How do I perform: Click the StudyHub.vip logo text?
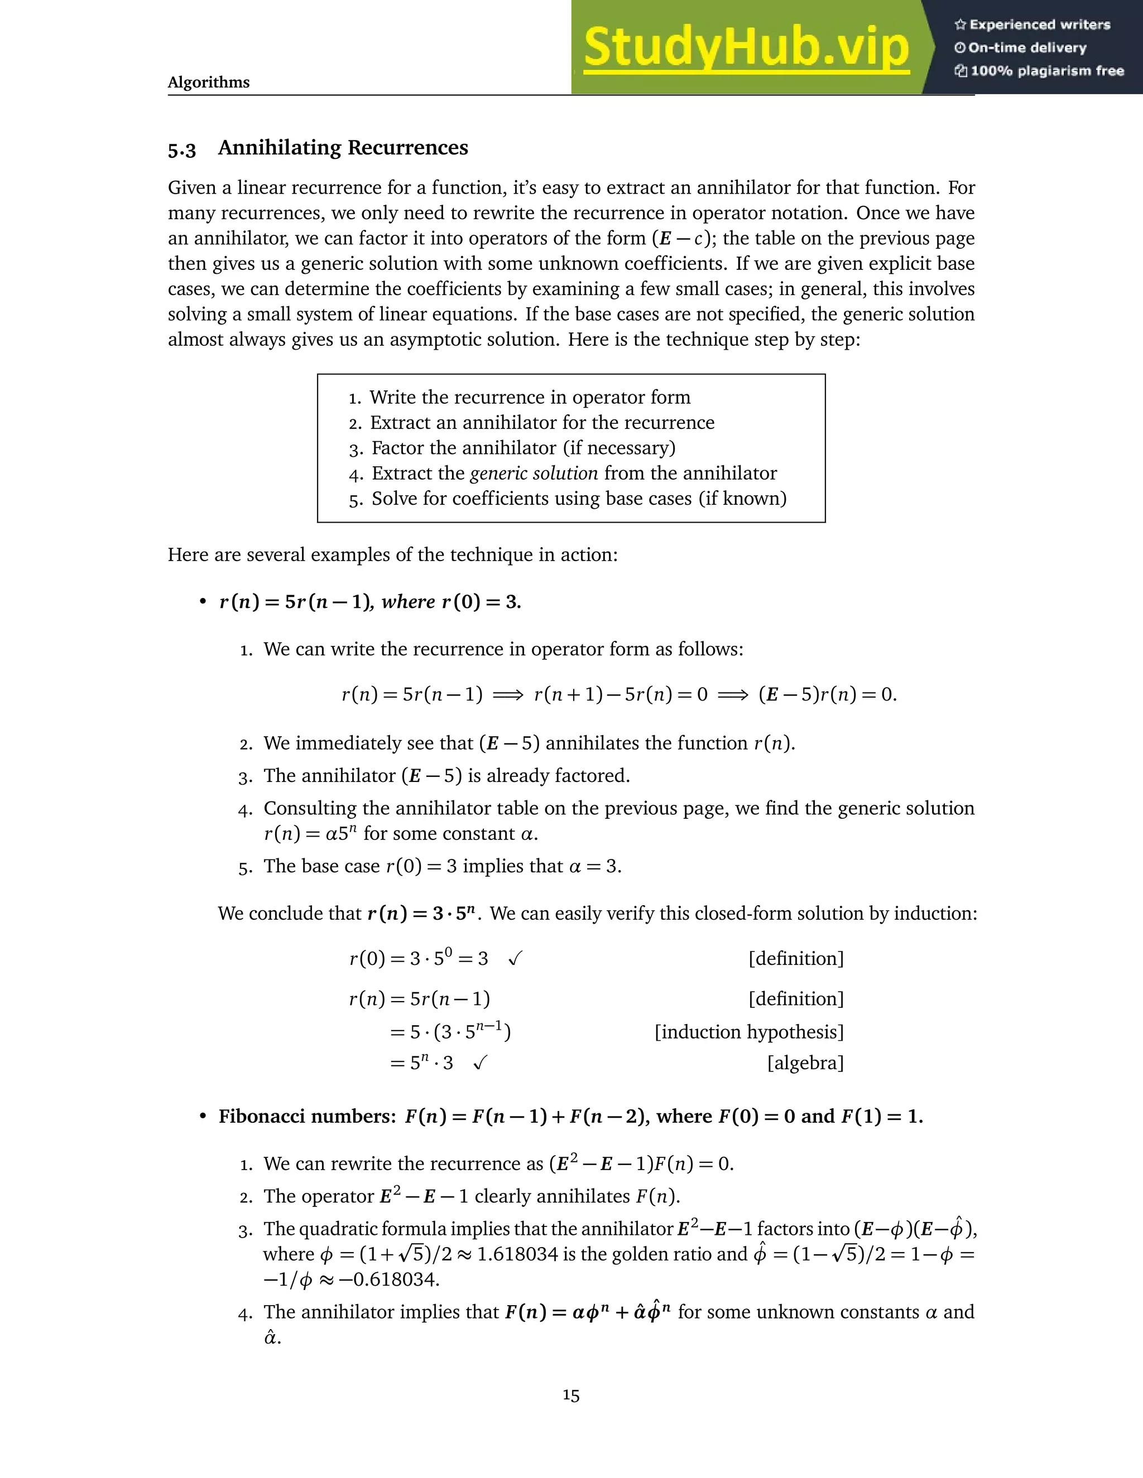coord(746,47)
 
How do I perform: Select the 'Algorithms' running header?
coord(209,83)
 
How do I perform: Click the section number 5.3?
coord(181,149)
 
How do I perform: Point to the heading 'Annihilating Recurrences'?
coord(343,148)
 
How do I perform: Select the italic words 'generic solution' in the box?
coord(534,473)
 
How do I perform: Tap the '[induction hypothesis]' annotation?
coord(749,1032)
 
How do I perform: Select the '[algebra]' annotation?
coord(805,1063)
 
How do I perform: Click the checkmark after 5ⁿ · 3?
coord(480,1063)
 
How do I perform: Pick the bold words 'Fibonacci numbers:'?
coord(307,1117)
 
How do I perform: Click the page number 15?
coord(571,1395)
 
